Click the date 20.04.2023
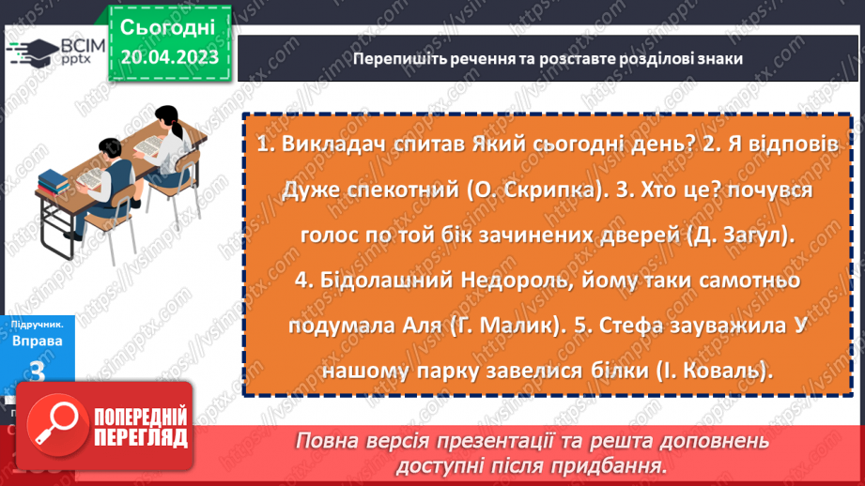click(x=169, y=58)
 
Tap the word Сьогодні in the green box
click(x=169, y=27)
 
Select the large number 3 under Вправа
click(x=39, y=373)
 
